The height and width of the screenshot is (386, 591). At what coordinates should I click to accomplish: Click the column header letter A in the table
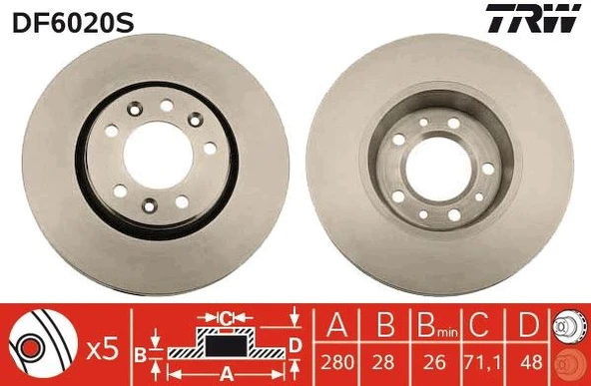click(x=336, y=326)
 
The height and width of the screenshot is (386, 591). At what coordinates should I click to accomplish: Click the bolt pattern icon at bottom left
click(x=41, y=343)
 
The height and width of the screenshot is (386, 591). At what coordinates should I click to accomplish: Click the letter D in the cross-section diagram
click(x=294, y=345)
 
